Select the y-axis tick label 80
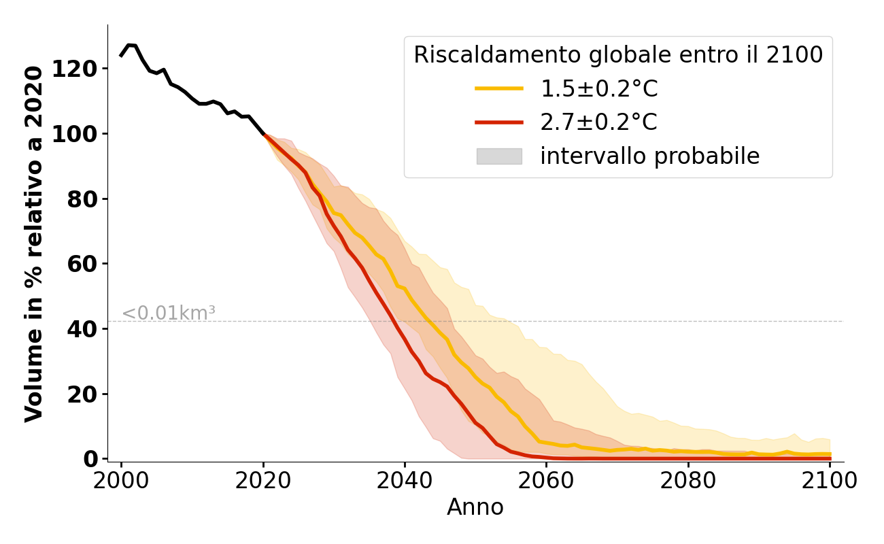pos(87,199)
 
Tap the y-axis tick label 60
pos(87,264)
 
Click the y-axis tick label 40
pos(87,329)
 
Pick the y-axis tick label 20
pos(87,394)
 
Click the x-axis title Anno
pos(475,507)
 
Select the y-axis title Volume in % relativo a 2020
pos(35,243)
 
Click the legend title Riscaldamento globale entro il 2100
pos(618,55)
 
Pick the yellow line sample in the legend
pos(499,88)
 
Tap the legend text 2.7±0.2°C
pos(598,122)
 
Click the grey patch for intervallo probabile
pos(499,156)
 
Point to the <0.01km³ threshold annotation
pos(169,313)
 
